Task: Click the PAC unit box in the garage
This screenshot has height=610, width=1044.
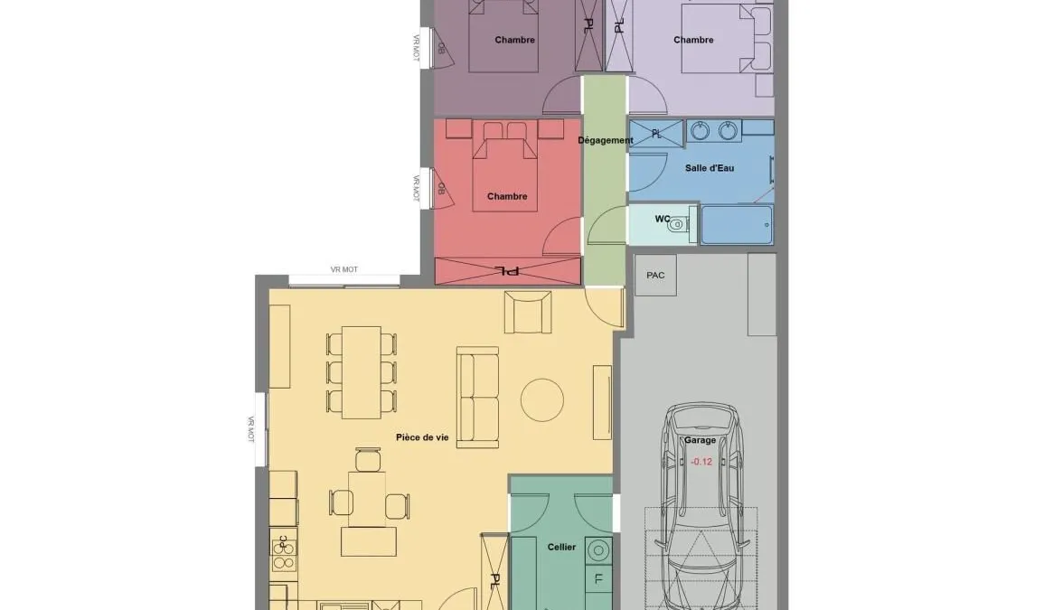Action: (x=655, y=275)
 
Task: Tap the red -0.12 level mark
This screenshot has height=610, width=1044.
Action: (x=701, y=462)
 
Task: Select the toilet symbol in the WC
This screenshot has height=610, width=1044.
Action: (x=677, y=224)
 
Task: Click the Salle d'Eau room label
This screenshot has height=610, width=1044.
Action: (x=709, y=168)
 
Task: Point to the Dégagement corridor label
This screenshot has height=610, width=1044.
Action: (x=606, y=140)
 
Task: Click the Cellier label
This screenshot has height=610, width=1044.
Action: (x=561, y=547)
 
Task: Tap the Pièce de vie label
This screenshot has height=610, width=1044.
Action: (x=422, y=437)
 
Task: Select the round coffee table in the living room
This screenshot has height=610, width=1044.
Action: (x=542, y=399)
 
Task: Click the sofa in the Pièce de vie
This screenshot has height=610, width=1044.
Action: (x=478, y=397)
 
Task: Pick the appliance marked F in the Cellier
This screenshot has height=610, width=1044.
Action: (x=597, y=579)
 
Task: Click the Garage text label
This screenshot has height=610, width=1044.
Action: (x=700, y=440)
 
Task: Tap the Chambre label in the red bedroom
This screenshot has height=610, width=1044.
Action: (x=507, y=196)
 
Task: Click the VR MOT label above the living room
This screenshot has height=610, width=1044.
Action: (x=344, y=269)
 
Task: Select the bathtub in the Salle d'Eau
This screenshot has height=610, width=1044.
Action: (x=737, y=224)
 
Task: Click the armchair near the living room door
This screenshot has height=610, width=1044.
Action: (x=528, y=313)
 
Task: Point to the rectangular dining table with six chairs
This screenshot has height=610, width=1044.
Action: (x=362, y=372)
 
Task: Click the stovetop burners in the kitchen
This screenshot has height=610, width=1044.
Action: (x=285, y=550)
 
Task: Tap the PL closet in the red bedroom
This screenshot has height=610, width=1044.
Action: (x=508, y=271)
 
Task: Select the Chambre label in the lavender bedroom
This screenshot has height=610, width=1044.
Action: (x=693, y=40)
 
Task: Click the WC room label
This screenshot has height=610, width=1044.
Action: (x=662, y=219)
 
